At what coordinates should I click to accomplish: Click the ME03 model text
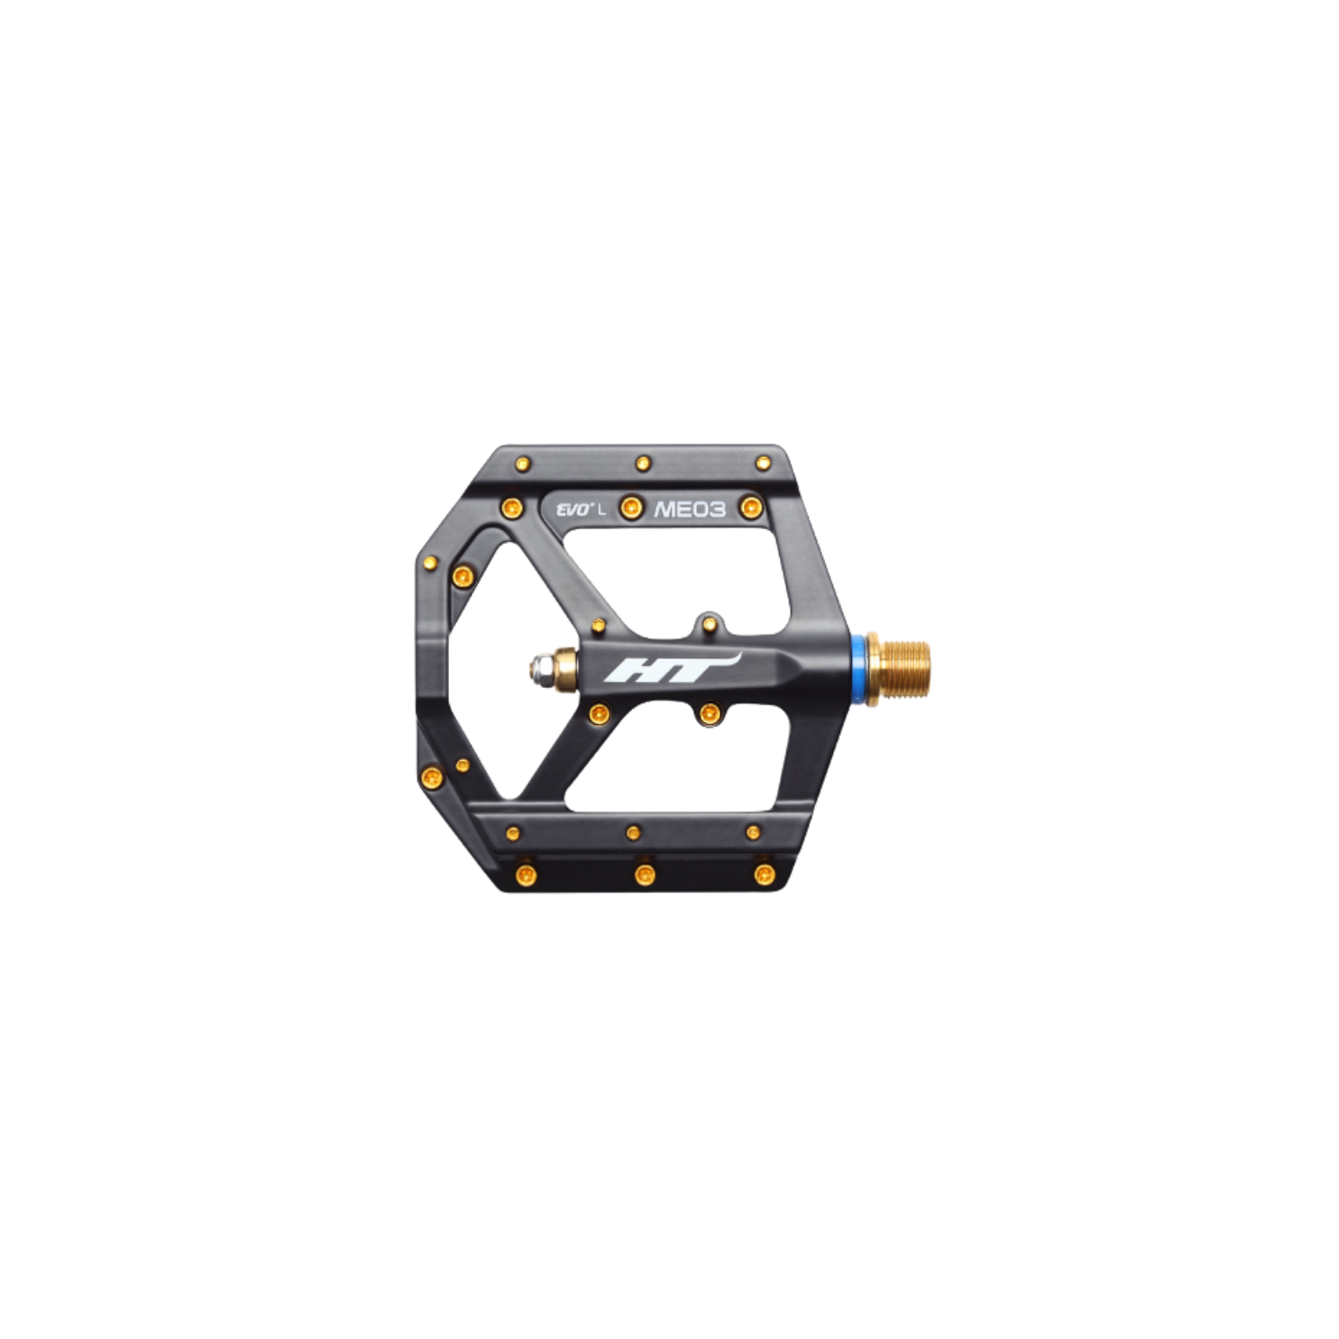tap(689, 509)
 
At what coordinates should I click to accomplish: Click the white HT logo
tap(671, 667)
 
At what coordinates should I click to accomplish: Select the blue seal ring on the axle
tap(858, 667)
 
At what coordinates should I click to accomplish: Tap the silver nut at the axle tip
tap(540, 667)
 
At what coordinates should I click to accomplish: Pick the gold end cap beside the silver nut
tap(566, 667)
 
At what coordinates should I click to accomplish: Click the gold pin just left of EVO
tap(511, 508)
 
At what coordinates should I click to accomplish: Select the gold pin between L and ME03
tap(631, 509)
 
